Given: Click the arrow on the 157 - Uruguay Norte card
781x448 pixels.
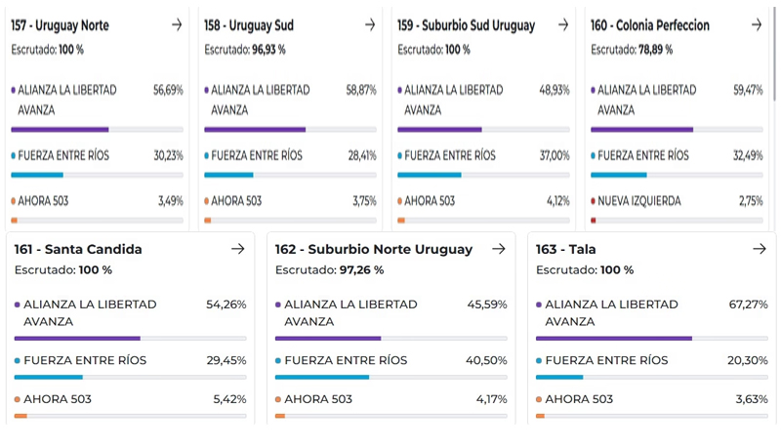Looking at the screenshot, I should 177,25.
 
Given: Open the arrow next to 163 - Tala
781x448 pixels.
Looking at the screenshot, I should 760,249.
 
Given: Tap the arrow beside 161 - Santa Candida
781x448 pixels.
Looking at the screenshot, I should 237,249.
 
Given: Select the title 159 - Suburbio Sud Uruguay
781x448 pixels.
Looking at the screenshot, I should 466,25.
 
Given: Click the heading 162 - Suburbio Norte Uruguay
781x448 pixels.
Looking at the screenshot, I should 374,249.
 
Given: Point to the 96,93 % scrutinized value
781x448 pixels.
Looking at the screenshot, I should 269,47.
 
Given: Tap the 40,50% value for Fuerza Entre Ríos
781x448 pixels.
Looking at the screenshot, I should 487,360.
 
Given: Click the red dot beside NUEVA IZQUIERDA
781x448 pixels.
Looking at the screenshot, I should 594,201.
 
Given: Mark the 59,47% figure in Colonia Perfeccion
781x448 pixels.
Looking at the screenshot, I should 749,90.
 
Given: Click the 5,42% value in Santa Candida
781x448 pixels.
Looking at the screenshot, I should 229,399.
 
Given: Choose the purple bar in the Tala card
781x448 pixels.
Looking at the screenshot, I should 613,339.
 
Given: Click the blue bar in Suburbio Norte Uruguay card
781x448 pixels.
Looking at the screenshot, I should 322,377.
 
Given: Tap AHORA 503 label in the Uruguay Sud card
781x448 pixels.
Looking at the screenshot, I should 236,201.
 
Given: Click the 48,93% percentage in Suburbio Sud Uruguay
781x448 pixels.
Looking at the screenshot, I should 555,90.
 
